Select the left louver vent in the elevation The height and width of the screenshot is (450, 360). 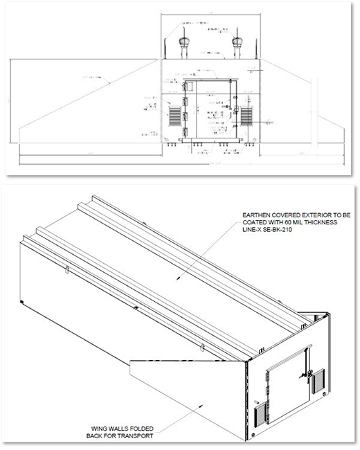[171, 115]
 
